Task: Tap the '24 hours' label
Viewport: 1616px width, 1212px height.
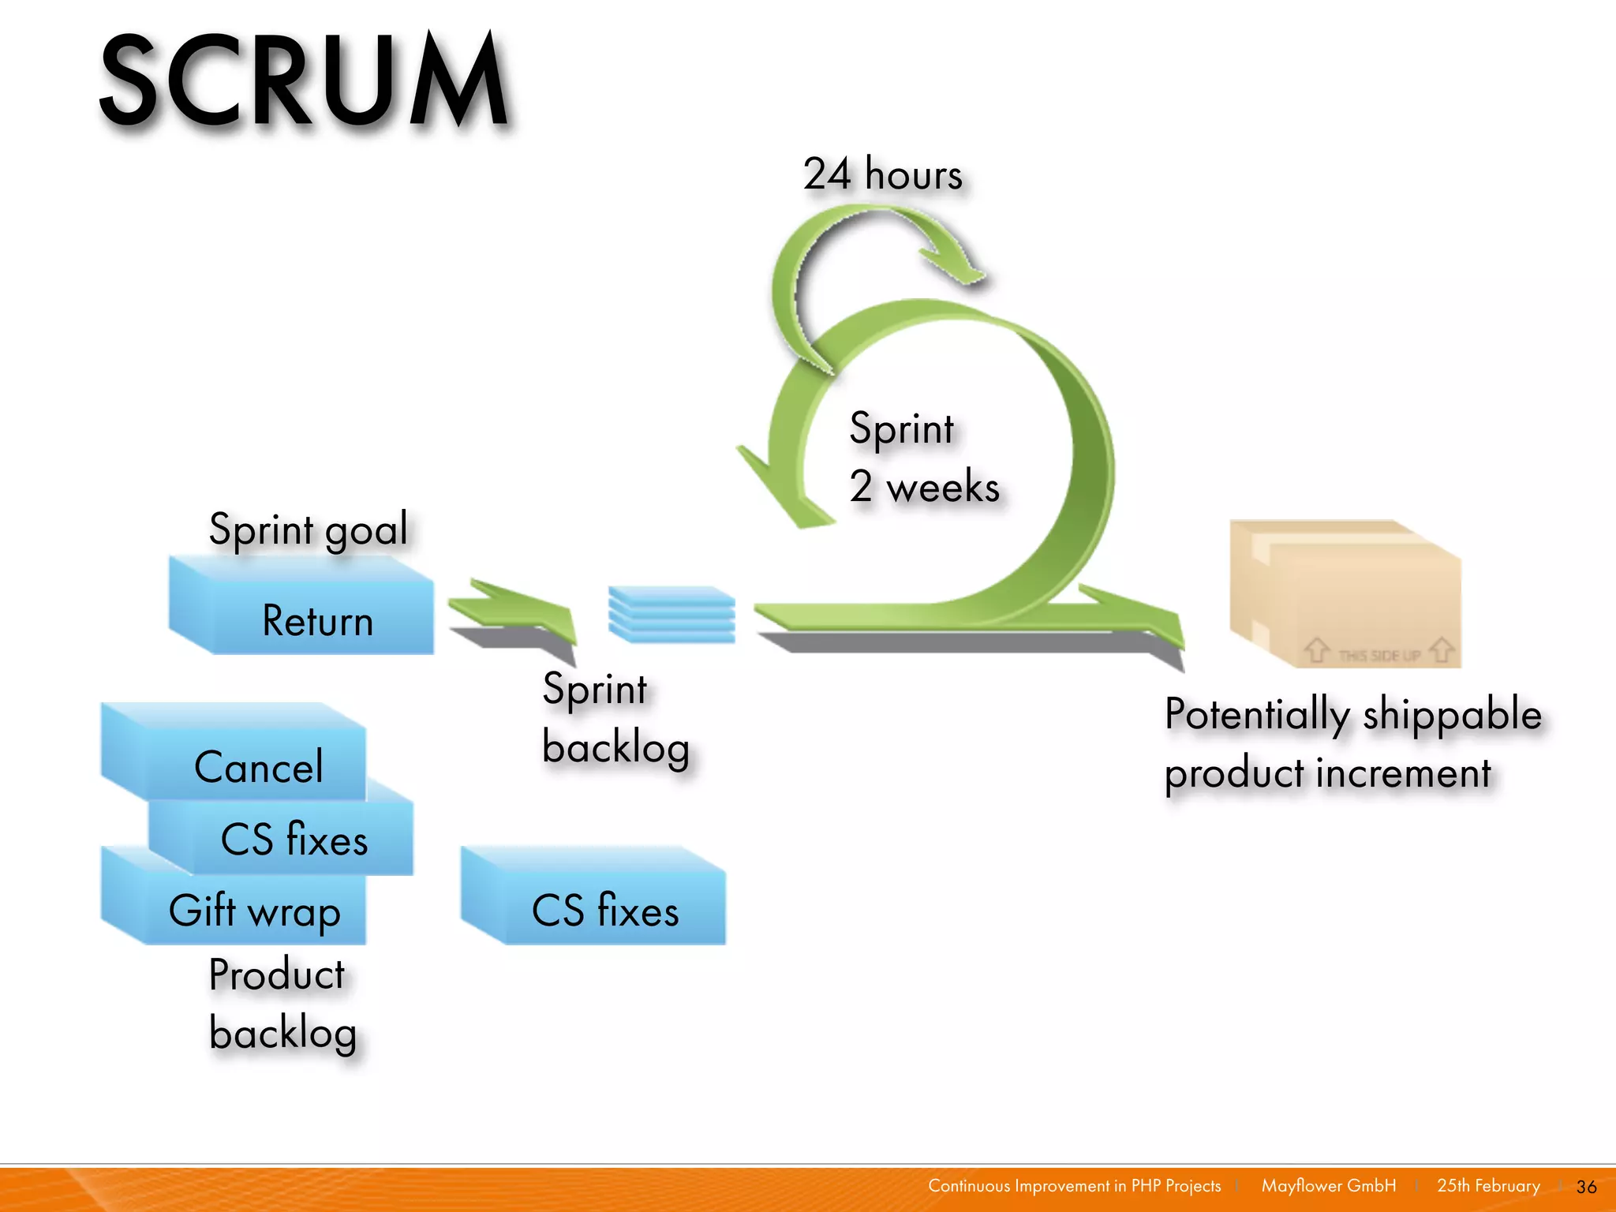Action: [882, 174]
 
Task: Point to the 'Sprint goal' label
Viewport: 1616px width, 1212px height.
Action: [308, 528]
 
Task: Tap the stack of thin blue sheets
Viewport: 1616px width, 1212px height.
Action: [671, 614]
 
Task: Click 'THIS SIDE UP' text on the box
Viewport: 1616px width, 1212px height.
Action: [1378, 655]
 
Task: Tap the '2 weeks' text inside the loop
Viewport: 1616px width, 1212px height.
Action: [924, 486]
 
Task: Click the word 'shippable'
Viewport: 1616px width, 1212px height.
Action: [1451, 715]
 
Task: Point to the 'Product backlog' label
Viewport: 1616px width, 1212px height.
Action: [282, 1003]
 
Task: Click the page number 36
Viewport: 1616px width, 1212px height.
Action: [1586, 1187]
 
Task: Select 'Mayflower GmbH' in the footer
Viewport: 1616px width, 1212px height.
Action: [1328, 1186]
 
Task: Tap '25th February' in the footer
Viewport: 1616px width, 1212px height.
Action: [1488, 1186]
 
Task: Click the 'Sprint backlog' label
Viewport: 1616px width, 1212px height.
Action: [615, 718]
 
